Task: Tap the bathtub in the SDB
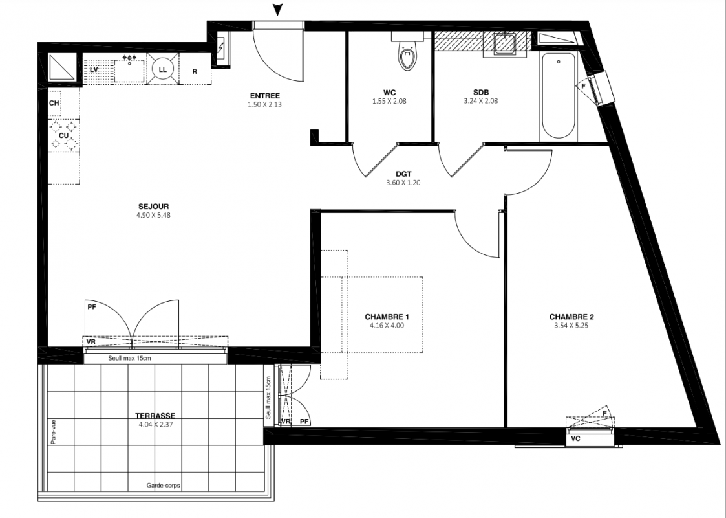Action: tap(559, 96)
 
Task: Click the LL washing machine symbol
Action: tap(162, 69)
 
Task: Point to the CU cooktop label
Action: tap(63, 136)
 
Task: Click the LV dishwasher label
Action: tap(94, 69)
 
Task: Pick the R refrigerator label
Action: tap(195, 72)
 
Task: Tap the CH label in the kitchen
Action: tap(54, 103)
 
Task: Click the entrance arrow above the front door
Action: tap(278, 10)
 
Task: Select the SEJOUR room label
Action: tap(153, 207)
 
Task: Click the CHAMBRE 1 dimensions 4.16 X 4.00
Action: tap(387, 326)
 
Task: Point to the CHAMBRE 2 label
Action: tap(571, 317)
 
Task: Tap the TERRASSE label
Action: tap(155, 416)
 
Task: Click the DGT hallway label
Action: tap(404, 174)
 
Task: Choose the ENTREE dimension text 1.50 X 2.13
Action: tap(264, 104)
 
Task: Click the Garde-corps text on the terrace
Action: tap(164, 486)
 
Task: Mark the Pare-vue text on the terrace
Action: tap(53, 433)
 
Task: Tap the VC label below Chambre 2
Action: tap(575, 438)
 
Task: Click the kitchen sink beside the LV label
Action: tap(129, 69)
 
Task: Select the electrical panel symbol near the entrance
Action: tap(221, 48)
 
